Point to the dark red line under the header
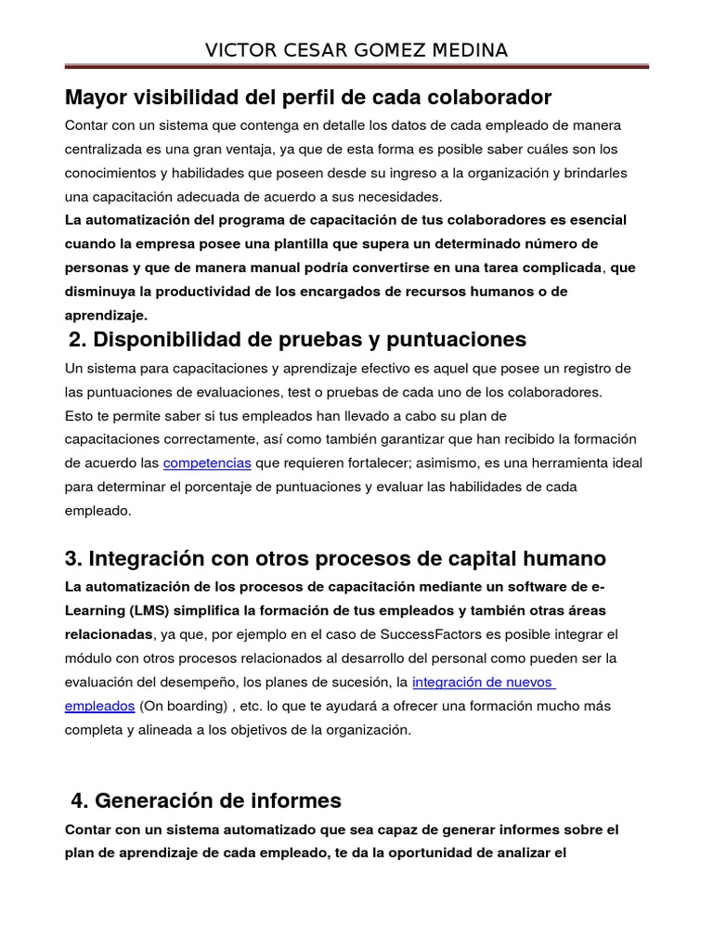click(x=356, y=67)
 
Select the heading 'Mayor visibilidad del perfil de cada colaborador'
click(x=308, y=98)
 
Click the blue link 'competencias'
click(x=207, y=462)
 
